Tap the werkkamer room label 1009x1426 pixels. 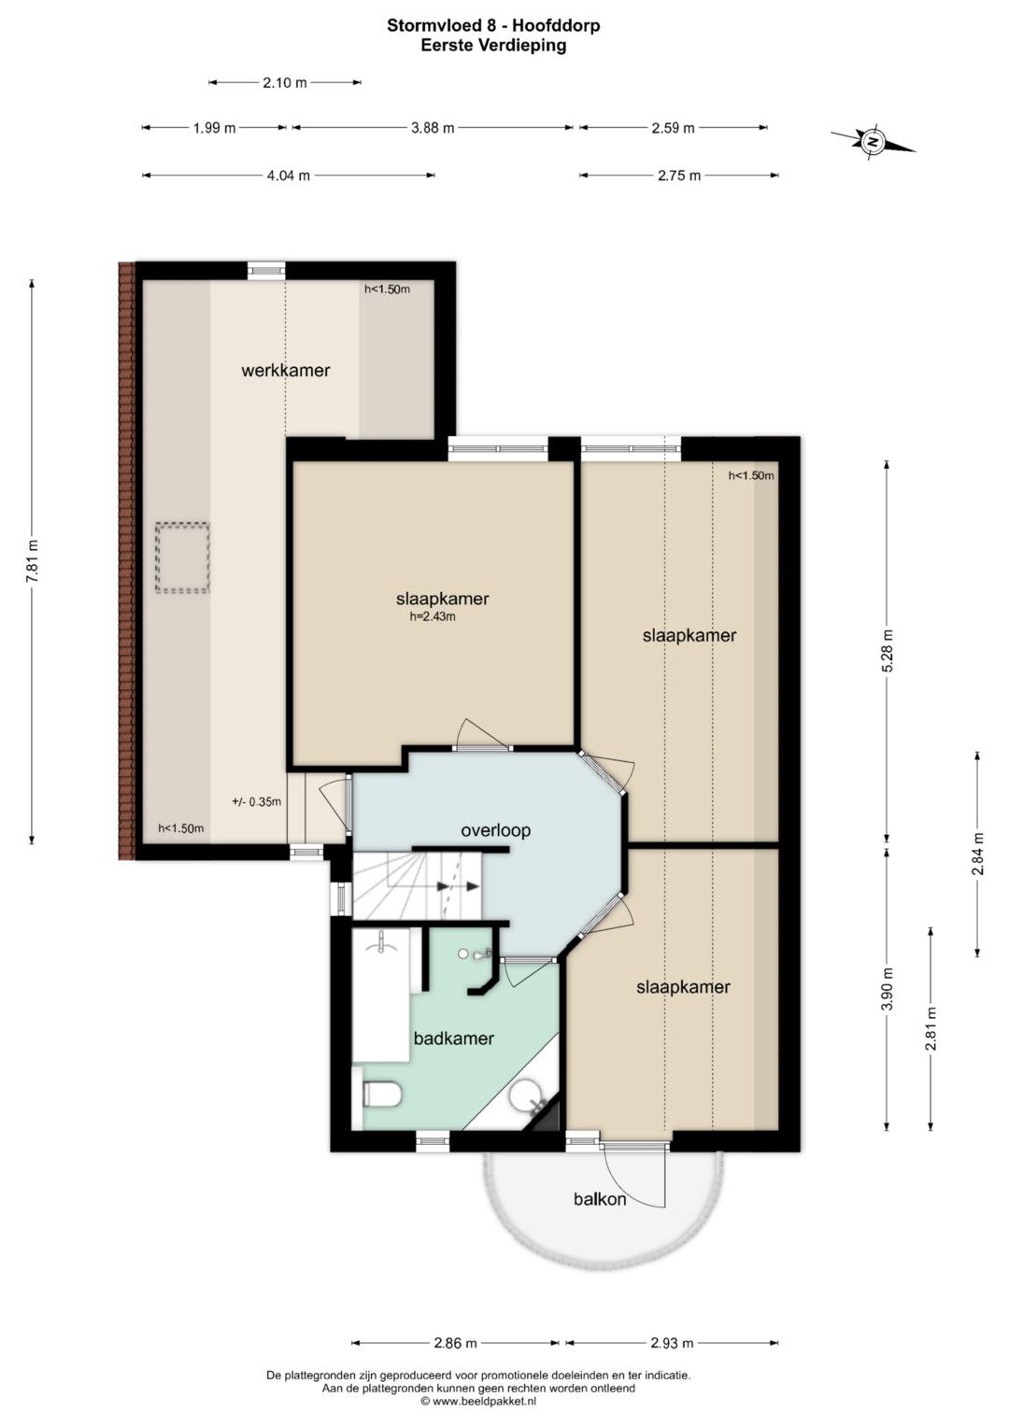285,370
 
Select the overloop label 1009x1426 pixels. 495,830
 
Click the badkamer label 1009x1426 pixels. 453,1038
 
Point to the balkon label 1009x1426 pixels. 600,1199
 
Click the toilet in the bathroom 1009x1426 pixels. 381,1094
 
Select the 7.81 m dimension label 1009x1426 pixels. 33,561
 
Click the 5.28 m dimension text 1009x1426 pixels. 888,650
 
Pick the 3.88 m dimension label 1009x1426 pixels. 433,128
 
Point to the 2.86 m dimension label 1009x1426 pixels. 455,1343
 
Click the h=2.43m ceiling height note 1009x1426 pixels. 433,616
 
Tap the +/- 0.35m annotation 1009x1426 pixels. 256,801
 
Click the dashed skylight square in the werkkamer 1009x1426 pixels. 182,558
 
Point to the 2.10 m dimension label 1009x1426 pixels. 285,83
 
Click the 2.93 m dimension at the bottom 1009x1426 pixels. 672,1343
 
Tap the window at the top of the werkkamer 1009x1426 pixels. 266,271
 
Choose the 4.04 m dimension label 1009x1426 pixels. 288,176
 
